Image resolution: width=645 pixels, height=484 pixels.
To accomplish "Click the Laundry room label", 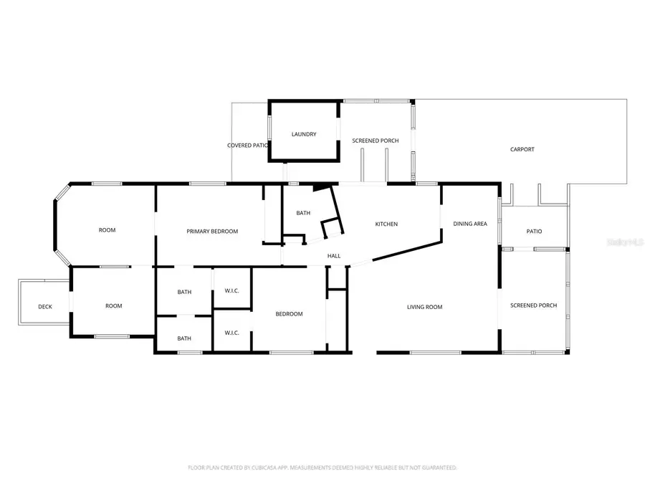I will pos(303,134).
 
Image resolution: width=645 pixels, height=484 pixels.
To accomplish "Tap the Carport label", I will pos(522,149).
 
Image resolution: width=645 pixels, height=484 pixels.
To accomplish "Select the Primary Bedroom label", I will pos(212,231).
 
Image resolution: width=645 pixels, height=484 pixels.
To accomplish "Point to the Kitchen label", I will pos(386,224).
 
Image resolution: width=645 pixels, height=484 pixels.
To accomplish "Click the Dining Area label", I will pos(470,224).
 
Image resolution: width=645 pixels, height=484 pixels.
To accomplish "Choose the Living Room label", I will pos(424,307).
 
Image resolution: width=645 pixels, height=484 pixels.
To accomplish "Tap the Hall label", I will pos(334,256).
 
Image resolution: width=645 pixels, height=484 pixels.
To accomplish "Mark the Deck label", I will pos(45,307).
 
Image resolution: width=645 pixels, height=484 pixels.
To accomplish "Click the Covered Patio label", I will pos(248,145).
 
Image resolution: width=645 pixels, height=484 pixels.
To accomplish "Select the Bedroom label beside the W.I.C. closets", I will pos(290,313).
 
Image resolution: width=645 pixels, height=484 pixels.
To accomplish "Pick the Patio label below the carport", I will pos(534,231).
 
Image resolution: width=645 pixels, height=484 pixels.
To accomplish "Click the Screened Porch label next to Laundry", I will pos(375,141).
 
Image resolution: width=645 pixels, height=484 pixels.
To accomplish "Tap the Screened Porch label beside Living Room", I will pos(533,305).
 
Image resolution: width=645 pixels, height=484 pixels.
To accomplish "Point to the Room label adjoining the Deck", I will pos(113,305).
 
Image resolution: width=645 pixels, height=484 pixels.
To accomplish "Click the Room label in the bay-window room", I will pos(107,230).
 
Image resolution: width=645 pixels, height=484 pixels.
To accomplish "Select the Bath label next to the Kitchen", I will pos(303,213).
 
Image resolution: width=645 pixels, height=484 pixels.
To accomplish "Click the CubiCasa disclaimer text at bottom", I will pos(322,468).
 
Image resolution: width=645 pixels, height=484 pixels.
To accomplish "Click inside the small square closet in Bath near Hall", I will pos(332,229).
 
